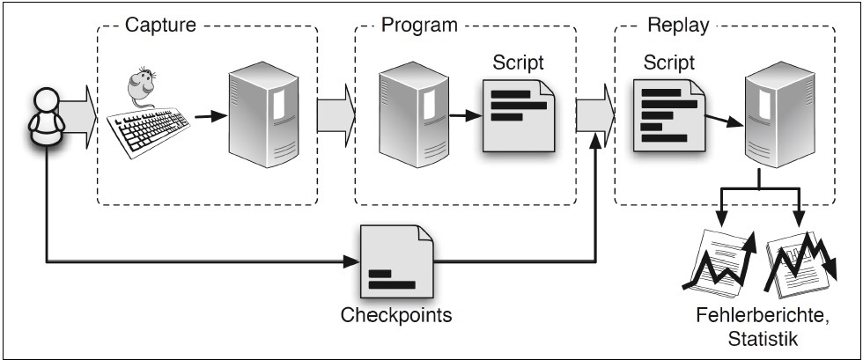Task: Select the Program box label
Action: click(x=419, y=24)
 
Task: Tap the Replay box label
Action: click(x=678, y=24)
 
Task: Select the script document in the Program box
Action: click(x=520, y=114)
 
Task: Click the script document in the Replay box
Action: click(x=668, y=114)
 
